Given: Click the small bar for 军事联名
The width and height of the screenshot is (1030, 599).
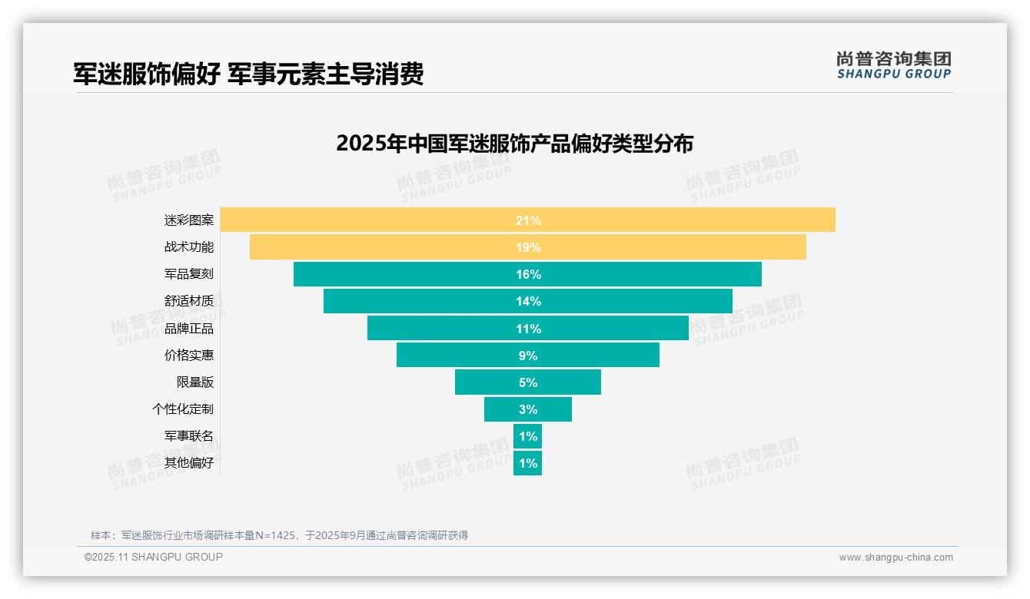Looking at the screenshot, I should [x=527, y=436].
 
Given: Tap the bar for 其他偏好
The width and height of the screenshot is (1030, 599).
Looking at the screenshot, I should [x=527, y=463].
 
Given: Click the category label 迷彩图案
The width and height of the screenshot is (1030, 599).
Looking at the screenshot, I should [x=188, y=220].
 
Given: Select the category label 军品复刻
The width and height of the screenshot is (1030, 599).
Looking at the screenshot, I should [x=188, y=274].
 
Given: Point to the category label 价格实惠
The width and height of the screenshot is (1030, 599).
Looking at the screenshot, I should [x=188, y=356].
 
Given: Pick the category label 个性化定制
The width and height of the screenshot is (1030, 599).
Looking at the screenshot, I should [x=182, y=409].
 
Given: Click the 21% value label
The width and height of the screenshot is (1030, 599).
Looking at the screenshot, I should [x=528, y=220].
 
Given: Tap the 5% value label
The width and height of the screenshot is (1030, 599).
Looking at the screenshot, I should [x=528, y=382].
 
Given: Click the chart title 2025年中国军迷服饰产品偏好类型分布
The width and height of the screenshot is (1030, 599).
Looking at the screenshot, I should [x=514, y=144].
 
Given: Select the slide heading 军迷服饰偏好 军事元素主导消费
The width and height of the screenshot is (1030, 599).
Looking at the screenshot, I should [x=248, y=74].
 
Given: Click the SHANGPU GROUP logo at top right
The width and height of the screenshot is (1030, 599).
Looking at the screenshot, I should [x=893, y=65].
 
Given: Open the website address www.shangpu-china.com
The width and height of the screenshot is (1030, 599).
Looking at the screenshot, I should [x=895, y=558].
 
